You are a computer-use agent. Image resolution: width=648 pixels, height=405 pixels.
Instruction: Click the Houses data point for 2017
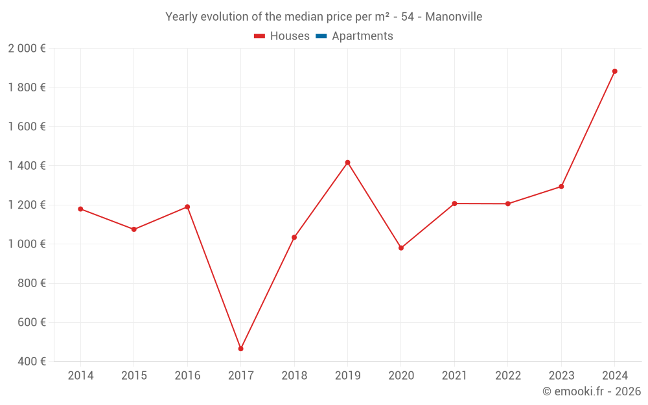(x=240, y=349)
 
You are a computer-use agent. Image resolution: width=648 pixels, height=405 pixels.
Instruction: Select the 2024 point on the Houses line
(x=614, y=71)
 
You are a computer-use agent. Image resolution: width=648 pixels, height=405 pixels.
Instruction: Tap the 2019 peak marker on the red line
(x=347, y=163)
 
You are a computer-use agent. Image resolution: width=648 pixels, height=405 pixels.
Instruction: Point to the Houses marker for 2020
(x=401, y=248)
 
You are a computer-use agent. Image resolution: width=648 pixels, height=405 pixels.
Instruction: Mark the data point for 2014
(x=80, y=209)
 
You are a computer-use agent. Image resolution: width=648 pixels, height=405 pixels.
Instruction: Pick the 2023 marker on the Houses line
(x=561, y=187)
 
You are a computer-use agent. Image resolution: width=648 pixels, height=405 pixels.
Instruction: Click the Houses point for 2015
(x=134, y=229)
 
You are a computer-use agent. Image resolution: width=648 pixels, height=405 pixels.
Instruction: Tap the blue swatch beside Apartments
(x=321, y=36)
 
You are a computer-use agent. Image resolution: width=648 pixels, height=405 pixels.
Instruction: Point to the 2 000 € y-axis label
(x=27, y=49)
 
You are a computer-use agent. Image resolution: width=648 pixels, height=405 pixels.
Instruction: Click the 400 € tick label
(x=30, y=362)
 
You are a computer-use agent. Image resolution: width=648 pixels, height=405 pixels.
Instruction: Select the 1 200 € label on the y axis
(x=27, y=205)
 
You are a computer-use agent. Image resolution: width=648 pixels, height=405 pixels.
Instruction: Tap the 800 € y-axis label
(x=30, y=283)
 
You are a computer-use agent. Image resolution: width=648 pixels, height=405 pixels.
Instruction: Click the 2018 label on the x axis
(x=294, y=376)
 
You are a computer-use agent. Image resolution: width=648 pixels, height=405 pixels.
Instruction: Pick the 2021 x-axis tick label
(x=454, y=376)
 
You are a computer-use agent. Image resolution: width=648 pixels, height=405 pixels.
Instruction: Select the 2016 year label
(x=187, y=376)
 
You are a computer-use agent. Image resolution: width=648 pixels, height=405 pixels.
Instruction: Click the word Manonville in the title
(x=454, y=17)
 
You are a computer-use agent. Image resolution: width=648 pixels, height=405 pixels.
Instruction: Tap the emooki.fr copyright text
(x=592, y=391)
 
